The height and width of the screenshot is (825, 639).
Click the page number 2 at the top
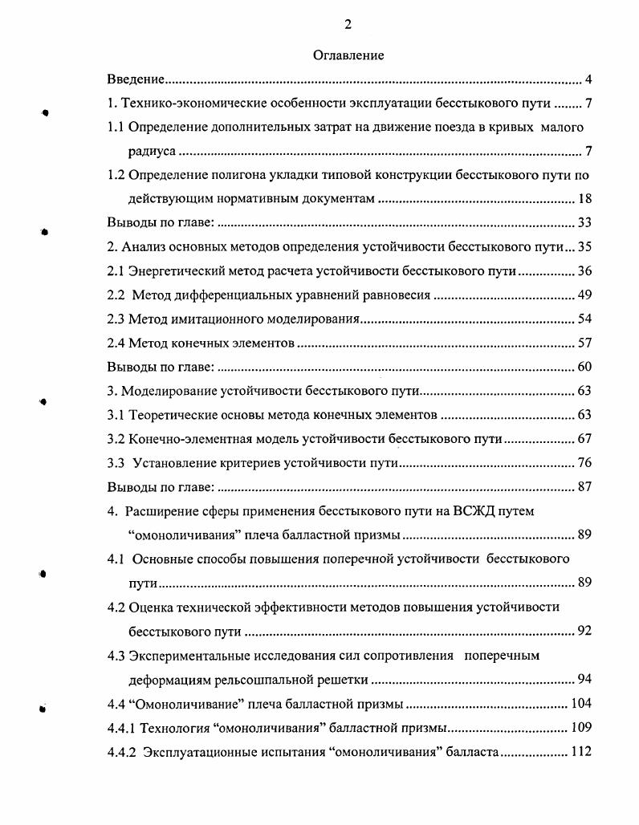[x=348, y=25]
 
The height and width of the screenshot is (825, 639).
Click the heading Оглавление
[x=348, y=55]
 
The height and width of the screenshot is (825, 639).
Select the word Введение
[x=136, y=79]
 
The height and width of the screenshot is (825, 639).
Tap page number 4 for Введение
[x=588, y=79]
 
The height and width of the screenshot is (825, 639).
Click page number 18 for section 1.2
[x=584, y=199]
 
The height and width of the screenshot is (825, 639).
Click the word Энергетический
[x=178, y=271]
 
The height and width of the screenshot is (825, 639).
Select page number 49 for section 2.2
[x=584, y=295]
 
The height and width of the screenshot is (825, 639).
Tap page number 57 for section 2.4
[x=584, y=343]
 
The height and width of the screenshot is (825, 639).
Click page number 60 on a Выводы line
[x=584, y=368]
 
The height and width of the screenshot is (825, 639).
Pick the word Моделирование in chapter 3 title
[x=165, y=392]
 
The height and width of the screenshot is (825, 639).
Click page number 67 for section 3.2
[x=584, y=439]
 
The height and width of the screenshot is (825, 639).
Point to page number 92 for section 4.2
[x=584, y=631]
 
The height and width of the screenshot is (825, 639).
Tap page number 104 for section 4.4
[x=581, y=704]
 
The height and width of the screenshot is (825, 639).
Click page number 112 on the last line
[x=581, y=752]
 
